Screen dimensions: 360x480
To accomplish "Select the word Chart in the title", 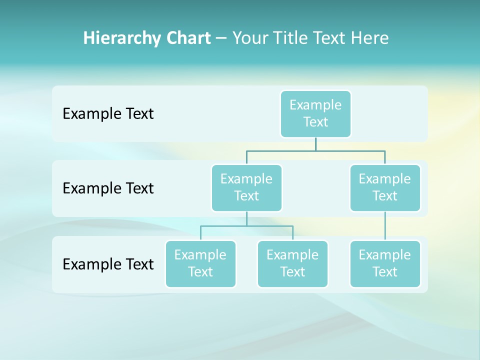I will point(188,38).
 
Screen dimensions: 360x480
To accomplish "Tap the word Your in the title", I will point(250,38).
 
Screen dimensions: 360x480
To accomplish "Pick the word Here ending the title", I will point(370,38).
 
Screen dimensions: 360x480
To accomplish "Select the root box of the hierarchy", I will point(315,113).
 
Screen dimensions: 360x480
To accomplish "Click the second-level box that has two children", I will point(246,187).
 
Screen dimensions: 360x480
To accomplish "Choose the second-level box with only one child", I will point(385,187).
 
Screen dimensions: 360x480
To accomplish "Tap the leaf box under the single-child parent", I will point(385,263).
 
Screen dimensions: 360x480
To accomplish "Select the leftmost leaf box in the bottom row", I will point(200,263).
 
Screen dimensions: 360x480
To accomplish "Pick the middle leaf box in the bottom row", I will point(292,263).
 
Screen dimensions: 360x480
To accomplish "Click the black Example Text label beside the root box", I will point(108,113).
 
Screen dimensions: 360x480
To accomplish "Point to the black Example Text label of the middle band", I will point(108,188).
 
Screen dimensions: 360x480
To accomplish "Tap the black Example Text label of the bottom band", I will point(108,264).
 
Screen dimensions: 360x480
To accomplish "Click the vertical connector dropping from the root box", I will point(315,144).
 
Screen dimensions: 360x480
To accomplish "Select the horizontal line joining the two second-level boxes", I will point(315,150).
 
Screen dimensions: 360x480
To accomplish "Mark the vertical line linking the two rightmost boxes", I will point(385,226).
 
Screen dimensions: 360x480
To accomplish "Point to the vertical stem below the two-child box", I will point(246,218).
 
